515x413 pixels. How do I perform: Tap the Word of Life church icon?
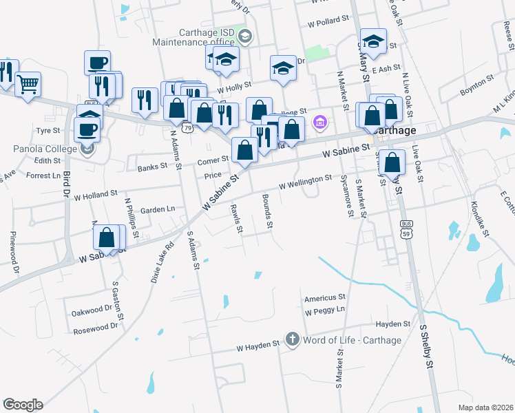pyautogui.click(x=292, y=340)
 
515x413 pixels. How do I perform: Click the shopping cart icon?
pyautogui.click(x=28, y=85)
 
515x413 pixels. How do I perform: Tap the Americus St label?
pyautogui.click(x=325, y=297)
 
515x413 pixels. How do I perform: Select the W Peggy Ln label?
pyautogui.click(x=325, y=310)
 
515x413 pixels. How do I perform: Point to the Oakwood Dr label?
pyautogui.click(x=92, y=308)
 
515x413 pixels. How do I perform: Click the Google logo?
pyautogui.click(x=23, y=405)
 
